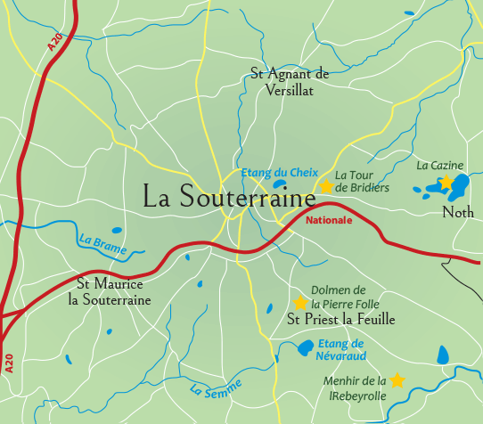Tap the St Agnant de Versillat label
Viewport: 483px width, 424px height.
point(290,82)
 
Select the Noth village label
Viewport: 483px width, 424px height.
point(457,212)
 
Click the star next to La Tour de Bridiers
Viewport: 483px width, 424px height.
point(326,186)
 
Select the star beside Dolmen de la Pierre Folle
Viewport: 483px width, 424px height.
point(300,303)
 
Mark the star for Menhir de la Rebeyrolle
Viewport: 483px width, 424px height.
point(397,380)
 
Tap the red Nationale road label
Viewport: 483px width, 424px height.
point(329,219)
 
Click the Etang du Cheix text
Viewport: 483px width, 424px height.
point(268,172)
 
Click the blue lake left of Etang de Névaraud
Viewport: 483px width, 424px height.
point(305,347)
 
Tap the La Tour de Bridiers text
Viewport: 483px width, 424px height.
point(362,181)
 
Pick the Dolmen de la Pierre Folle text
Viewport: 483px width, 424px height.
point(340,297)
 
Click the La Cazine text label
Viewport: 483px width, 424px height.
point(440,165)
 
